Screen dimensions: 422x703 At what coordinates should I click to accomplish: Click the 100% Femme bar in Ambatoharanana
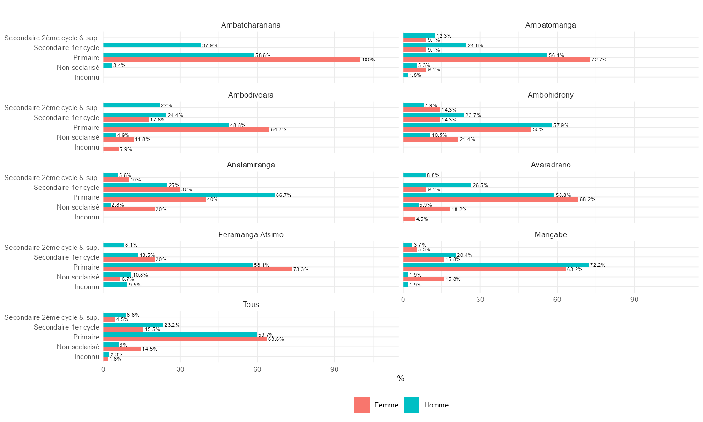232,60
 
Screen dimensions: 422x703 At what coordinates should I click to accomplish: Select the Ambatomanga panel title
550,25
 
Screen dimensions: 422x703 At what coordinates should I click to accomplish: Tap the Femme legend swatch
362,405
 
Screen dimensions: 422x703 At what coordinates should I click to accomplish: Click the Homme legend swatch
411,405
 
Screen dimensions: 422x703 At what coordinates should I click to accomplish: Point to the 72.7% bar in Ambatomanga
496,60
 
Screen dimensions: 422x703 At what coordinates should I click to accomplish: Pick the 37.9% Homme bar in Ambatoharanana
152,45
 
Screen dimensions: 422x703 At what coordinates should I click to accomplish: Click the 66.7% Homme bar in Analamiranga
189,195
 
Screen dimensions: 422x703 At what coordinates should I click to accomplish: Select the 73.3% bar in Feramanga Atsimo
197,269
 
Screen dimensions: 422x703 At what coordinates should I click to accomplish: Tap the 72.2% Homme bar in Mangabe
495,265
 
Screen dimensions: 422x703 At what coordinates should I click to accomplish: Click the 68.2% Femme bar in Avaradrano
490,199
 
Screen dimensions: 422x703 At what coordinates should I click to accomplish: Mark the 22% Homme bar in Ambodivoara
131,105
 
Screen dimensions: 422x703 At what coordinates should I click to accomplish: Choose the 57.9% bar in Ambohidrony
477,125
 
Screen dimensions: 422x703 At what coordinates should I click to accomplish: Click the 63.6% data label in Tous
276,339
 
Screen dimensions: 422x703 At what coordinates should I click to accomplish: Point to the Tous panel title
251,305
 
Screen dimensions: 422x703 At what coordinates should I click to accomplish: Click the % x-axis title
401,378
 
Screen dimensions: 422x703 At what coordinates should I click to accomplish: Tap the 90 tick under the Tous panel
334,369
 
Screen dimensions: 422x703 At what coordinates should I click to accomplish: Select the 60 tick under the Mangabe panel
557,299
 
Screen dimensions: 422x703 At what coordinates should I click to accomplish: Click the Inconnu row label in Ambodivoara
87,147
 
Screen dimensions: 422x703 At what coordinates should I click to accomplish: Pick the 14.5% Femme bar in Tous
122,349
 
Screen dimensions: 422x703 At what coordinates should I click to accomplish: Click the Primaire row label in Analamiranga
86,197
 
